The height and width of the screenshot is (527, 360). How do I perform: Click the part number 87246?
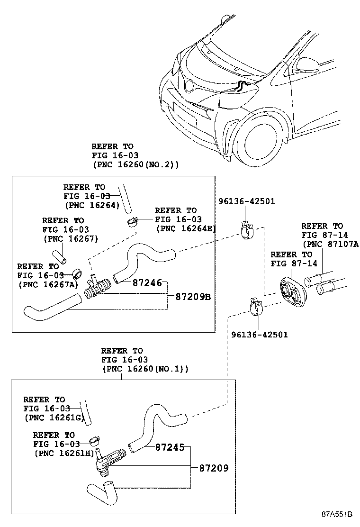(147, 283)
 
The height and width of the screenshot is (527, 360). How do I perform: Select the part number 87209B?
(192, 297)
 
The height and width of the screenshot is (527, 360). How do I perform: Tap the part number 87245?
(170, 447)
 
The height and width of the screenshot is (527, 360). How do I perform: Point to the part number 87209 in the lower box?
(214, 468)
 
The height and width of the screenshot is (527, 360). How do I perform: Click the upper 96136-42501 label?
(246, 202)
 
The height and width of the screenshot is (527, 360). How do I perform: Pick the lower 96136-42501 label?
(259, 335)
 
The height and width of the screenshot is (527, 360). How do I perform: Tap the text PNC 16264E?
(186, 228)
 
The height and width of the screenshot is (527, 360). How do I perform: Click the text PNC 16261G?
(54, 418)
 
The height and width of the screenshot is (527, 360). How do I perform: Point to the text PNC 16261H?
(64, 454)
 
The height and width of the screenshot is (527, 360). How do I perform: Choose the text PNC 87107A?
(331, 244)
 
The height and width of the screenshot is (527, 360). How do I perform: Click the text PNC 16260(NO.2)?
(135, 165)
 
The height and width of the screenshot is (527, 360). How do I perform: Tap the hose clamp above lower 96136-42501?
(256, 307)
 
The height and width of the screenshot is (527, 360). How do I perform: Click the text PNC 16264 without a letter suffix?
(91, 205)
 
